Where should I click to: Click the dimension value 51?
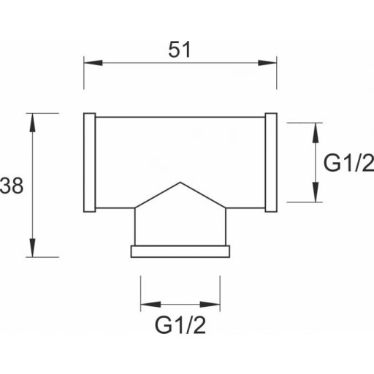tap(180, 50)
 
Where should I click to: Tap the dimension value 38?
tap(12, 186)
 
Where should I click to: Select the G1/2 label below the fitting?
tap(180, 325)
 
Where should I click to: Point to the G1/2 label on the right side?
tap(348, 163)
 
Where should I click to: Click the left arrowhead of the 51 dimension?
tap(93, 63)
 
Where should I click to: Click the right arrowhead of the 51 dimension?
tap(267, 63)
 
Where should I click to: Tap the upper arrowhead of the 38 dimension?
tap(32, 123)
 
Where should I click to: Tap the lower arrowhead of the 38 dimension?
tap(32, 248)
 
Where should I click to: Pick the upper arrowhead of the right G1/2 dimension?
tap(316, 132)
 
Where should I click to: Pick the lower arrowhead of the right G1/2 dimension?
tap(316, 192)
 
